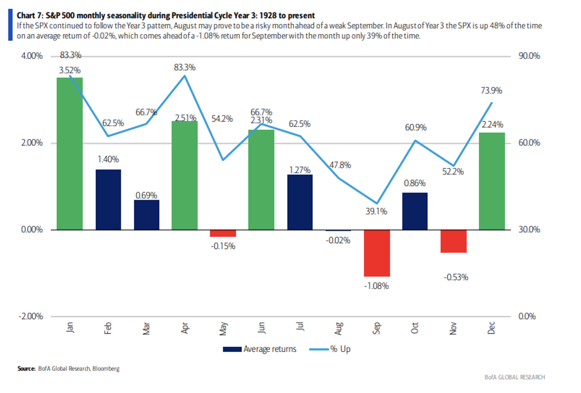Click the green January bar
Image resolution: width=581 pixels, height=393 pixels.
[70, 154]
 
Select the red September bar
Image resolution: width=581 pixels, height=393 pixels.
[377, 253]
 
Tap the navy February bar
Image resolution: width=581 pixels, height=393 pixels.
[108, 200]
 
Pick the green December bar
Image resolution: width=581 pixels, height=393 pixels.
[492, 181]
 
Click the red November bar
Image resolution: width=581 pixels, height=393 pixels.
[453, 241]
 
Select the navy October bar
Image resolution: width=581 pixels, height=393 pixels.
[415, 211]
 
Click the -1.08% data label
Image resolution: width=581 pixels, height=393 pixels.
[377, 286]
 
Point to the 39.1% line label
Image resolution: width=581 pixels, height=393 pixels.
[377, 211]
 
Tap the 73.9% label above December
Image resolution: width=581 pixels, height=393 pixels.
[492, 91]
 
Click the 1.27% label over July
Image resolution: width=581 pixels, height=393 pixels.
[300, 170]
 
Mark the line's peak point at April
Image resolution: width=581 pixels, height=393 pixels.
[185, 76]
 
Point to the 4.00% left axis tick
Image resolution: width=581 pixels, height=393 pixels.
[32, 56]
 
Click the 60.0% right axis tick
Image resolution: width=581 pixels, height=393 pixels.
[529, 143]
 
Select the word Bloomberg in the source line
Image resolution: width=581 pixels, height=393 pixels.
[105, 369]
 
